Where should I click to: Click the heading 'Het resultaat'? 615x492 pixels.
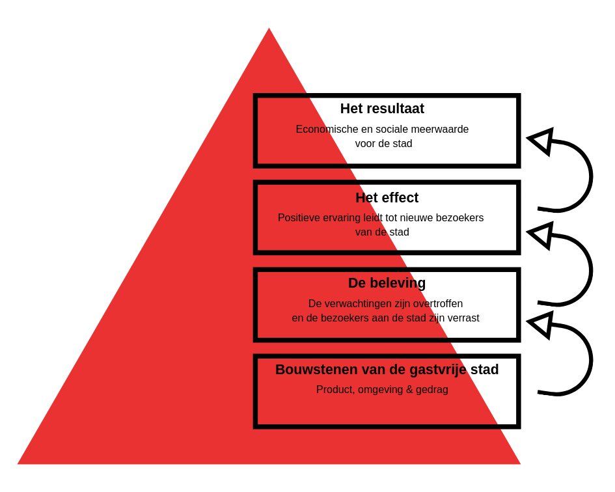(x=382, y=109)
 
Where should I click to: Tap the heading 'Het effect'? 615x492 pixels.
(x=387, y=198)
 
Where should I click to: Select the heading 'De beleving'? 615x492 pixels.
(x=387, y=283)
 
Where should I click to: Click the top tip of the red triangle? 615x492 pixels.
(x=269, y=28)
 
